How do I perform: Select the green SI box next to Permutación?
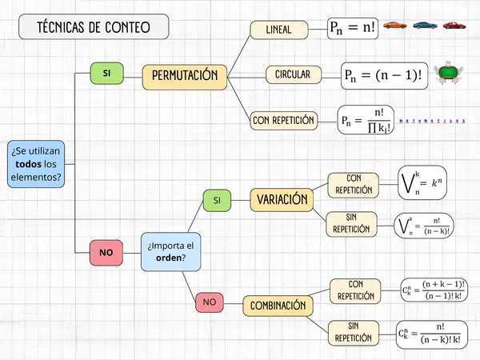(x=106, y=74)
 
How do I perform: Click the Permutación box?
(x=185, y=76)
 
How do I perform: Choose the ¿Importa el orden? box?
(x=171, y=251)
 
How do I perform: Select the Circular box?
(x=293, y=74)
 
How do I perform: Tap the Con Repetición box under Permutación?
(x=283, y=121)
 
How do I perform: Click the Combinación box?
(x=278, y=306)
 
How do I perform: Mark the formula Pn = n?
(x=352, y=28)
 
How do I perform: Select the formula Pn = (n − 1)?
(x=382, y=74)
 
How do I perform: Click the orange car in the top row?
(x=394, y=26)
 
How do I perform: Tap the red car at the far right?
(x=454, y=26)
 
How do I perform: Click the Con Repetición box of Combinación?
(x=356, y=290)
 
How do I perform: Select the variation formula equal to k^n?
(x=422, y=183)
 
